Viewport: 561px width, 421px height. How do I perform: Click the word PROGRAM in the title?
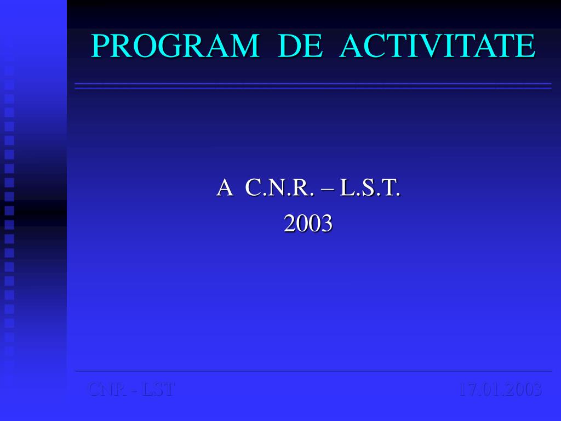pos(175,46)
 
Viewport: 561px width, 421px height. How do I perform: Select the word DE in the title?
pos(300,46)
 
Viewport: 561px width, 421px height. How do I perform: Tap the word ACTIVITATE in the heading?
pos(437,46)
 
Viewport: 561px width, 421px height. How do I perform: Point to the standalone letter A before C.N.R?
pos(224,188)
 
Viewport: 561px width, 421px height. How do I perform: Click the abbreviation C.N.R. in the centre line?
pos(280,188)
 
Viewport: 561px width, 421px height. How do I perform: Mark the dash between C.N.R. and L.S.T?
pos(328,189)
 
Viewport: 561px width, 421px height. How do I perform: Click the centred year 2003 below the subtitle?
pos(308,223)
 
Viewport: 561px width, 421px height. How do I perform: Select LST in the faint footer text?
pos(158,390)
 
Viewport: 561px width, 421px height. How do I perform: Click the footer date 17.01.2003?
pos(500,390)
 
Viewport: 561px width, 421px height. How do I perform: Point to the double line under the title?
pos(313,86)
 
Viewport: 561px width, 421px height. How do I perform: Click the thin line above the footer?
pos(313,371)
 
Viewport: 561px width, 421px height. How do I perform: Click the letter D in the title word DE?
pos(290,46)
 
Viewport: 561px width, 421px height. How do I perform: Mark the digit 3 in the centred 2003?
pos(326,223)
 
